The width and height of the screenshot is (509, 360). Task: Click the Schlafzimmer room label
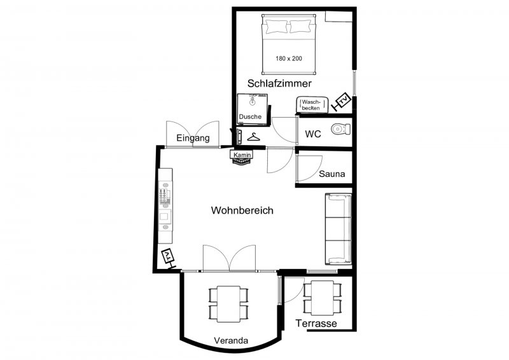(x=279, y=83)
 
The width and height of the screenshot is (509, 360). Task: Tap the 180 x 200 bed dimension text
(x=289, y=59)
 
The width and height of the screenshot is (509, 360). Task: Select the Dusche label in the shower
(x=250, y=116)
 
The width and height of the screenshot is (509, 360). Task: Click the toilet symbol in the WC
(x=341, y=129)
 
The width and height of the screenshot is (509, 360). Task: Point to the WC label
(x=313, y=134)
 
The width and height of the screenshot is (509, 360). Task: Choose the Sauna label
(x=331, y=174)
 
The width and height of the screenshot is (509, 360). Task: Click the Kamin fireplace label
(x=242, y=155)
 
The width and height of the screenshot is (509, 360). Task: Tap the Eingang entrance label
(x=193, y=138)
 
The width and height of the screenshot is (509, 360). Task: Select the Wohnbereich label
(x=242, y=211)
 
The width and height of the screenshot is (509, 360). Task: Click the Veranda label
(x=231, y=340)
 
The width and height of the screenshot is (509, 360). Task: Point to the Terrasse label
(x=316, y=323)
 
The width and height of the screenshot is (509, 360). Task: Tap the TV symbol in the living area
(x=168, y=258)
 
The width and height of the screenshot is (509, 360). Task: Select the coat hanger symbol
(x=253, y=137)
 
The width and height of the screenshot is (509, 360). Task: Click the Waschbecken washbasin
(x=312, y=104)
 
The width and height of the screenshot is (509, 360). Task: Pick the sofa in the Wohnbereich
(x=338, y=229)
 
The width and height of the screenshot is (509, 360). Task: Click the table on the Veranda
(x=228, y=304)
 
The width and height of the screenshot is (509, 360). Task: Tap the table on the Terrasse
(x=323, y=298)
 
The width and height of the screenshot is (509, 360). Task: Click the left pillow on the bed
(x=277, y=27)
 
